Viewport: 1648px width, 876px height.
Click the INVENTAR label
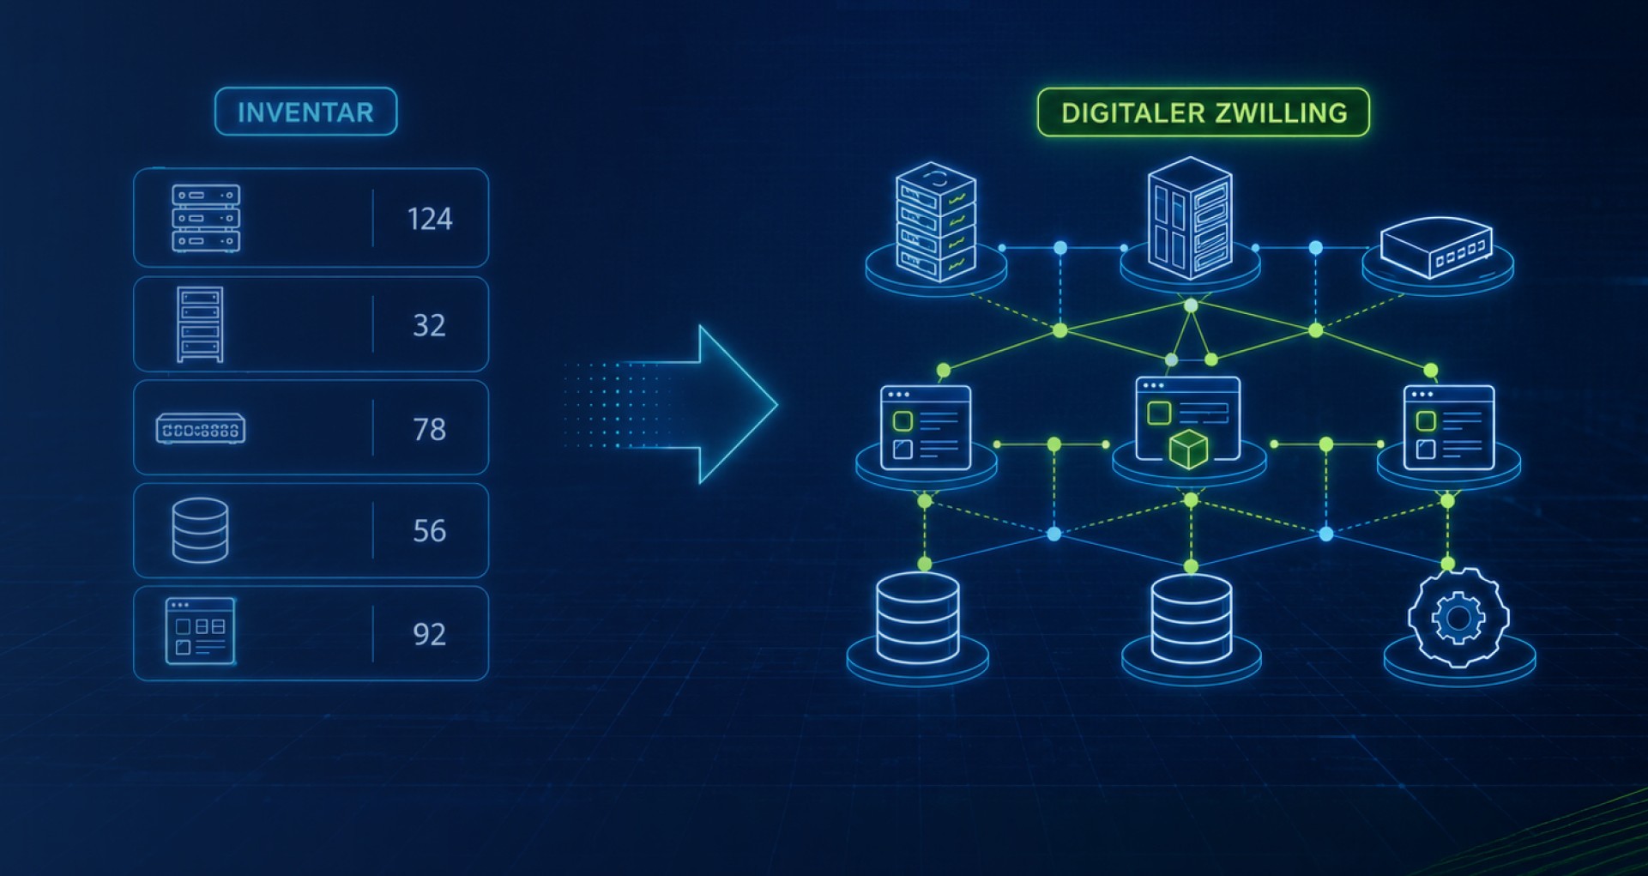pos(305,112)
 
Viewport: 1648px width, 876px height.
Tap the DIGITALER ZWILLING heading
pos(1204,113)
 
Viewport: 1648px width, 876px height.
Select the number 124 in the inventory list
pos(429,219)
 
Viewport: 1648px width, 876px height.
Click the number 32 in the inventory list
pos(429,325)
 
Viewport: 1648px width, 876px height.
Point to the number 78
pos(429,429)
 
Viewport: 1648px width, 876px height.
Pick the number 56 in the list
pos(429,531)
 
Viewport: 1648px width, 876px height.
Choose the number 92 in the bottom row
pos(429,634)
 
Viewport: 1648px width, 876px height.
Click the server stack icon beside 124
pos(206,219)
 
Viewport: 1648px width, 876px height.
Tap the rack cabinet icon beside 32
pos(200,324)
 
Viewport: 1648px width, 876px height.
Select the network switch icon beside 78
pos(201,429)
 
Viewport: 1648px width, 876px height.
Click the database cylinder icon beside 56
pos(200,530)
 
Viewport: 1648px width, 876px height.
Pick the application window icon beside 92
pos(200,631)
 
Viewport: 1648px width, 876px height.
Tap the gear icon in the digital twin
pos(1458,617)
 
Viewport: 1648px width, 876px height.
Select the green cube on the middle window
pos(1188,450)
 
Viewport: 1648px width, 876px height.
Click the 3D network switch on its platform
pos(1437,247)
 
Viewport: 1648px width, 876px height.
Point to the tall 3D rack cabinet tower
pos(1190,219)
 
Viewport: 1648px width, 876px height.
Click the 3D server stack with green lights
pos(936,222)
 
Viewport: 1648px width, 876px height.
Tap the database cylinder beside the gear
pos(1191,619)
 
